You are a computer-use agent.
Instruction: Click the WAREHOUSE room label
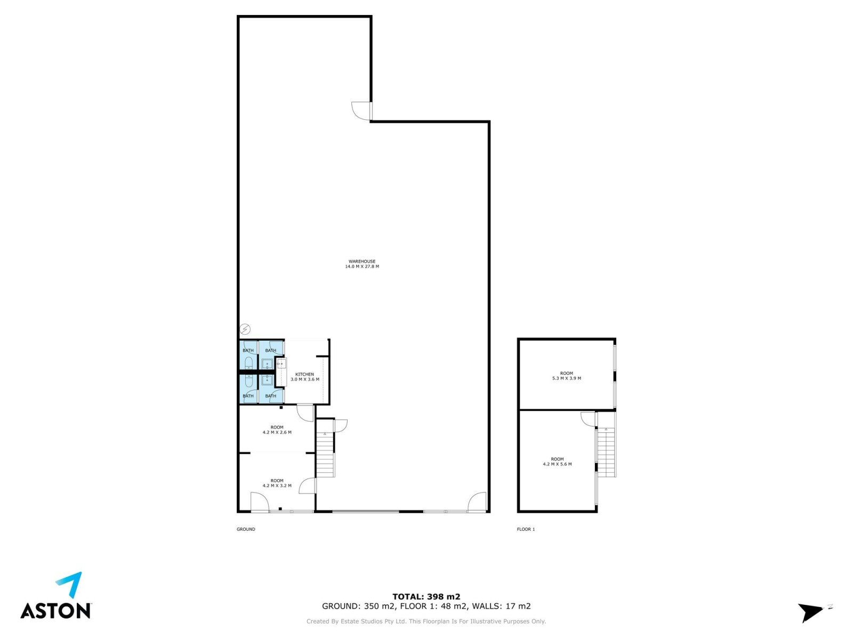pos(361,262)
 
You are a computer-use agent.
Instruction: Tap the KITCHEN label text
pos(304,374)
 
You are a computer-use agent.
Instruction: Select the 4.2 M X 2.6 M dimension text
pos(277,432)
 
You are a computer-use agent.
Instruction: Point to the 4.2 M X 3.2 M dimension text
pos(277,485)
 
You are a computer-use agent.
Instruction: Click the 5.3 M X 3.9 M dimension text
pos(566,378)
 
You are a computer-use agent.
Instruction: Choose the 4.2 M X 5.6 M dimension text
pos(557,464)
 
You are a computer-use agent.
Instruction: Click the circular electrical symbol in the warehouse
pos(245,329)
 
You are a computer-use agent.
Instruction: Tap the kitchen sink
pos(281,364)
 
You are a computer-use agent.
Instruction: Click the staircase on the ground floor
pos(325,454)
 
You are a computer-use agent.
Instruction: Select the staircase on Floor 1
pos(606,452)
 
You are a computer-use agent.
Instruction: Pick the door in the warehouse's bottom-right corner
pos(477,502)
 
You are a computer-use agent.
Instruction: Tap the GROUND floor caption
pos(246,529)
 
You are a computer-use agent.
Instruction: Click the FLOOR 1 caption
pos(526,529)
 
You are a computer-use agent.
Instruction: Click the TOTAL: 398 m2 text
pos(426,596)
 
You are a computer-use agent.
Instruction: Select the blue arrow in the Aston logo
pos(70,584)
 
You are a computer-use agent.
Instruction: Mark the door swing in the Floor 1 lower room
pos(588,419)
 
